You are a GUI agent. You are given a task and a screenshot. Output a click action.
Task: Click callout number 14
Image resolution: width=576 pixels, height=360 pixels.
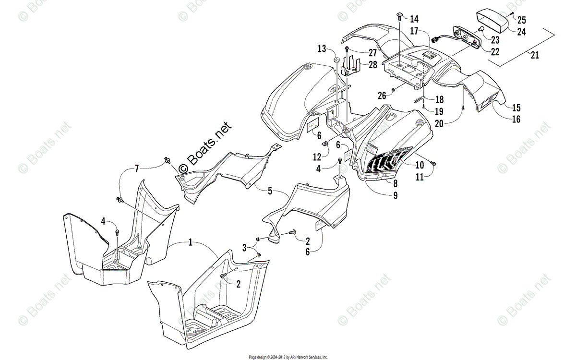414,19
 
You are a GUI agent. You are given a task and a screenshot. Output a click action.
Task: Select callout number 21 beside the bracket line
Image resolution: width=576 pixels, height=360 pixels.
534,55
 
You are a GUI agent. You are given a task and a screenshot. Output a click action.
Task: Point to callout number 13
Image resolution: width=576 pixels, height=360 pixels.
321,48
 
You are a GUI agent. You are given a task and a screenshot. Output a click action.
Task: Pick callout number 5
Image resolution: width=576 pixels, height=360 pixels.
270,191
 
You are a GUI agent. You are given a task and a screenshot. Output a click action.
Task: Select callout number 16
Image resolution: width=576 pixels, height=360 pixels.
516,120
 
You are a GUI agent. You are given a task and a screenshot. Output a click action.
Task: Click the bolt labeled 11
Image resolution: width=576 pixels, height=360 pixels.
433,164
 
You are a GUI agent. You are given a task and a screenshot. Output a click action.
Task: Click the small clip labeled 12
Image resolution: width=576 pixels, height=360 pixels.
324,143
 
